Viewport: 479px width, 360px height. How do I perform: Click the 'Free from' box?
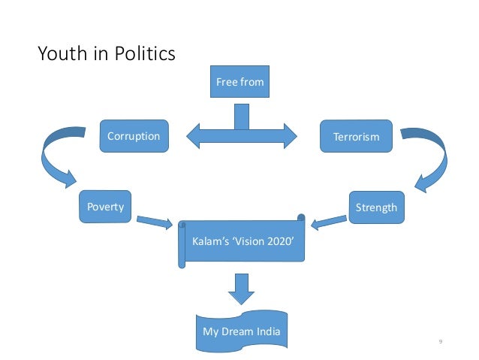[x=239, y=82]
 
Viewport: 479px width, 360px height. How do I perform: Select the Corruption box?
[x=134, y=137]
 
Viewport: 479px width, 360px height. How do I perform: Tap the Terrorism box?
[x=356, y=137]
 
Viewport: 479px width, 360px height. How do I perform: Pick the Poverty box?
[x=104, y=207]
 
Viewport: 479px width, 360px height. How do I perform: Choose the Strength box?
[x=376, y=207]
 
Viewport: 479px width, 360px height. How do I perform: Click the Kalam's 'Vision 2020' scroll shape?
[x=243, y=244]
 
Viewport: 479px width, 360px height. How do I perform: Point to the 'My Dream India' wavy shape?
[x=242, y=331]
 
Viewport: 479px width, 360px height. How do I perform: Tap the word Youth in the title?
[x=58, y=54]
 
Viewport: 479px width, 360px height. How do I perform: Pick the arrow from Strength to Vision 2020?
[x=329, y=219]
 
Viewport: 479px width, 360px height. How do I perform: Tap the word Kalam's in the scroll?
[x=208, y=244]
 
